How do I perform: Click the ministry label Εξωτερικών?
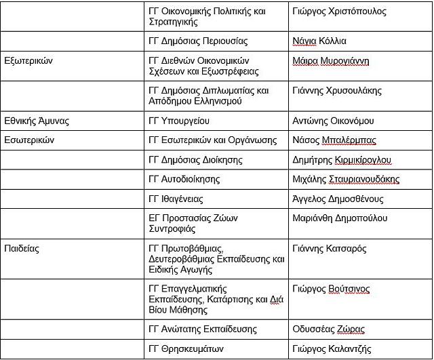pos(28,60)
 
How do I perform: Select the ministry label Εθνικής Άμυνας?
pos(37,121)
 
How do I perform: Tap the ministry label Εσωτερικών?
pos(29,140)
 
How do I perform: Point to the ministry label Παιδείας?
pos(22,248)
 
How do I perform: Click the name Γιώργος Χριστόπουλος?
pos(339,12)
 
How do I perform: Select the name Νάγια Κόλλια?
pos(319,41)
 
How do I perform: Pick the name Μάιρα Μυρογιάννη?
pos(331,60)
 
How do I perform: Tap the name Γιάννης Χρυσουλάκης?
pos(337,90)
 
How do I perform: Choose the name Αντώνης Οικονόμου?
pos(333,121)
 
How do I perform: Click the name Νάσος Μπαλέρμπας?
pos(334,140)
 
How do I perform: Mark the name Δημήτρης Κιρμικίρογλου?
pos(342,160)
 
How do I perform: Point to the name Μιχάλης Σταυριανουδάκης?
pos(346,179)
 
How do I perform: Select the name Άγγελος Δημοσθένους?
pos(338,199)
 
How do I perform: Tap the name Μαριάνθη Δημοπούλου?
pos(340,218)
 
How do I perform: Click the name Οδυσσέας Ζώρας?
pos(328,329)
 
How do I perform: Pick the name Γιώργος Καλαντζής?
pos(332,349)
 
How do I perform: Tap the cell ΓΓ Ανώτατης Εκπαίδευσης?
pos(203,329)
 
